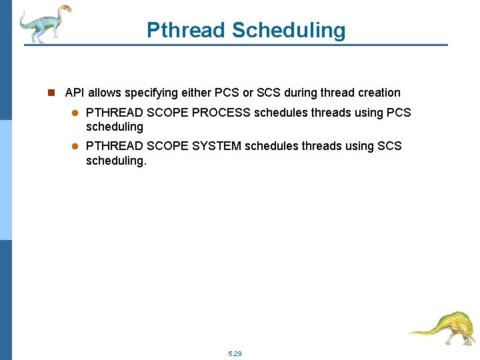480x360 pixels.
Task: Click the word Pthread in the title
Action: tap(186, 30)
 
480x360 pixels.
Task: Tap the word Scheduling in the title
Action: tap(289, 30)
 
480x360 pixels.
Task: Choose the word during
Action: tap(303, 93)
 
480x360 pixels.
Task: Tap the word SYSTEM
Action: tap(217, 145)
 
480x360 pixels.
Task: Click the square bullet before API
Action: tap(51, 93)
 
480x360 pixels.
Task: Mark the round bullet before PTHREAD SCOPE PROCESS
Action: tap(75, 113)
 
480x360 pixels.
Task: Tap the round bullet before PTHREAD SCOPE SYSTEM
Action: tap(75, 146)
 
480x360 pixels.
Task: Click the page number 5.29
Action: tap(235, 353)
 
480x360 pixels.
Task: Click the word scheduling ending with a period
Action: tap(115, 161)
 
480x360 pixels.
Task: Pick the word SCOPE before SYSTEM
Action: tap(167, 145)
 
